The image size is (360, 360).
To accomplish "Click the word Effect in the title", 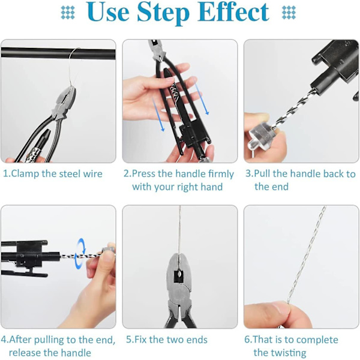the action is coord(233,12).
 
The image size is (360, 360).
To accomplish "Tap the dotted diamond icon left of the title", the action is coord(68,13).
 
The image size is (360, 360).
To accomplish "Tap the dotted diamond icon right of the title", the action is coord(289,13).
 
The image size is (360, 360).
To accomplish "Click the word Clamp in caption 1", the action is coord(25,174).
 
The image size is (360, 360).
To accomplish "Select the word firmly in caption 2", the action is coord(221,174).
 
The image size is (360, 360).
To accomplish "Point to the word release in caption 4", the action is coord(25,353).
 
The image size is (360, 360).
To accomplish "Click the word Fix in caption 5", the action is coord(140,340).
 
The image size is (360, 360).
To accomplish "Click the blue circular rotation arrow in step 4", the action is coord(80,254).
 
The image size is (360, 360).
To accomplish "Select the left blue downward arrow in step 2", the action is coord(158,114).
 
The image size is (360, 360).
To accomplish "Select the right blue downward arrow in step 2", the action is coord(202,99).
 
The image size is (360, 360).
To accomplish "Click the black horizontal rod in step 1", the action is coord(58,53).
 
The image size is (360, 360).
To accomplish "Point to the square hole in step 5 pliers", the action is coord(179,276).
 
